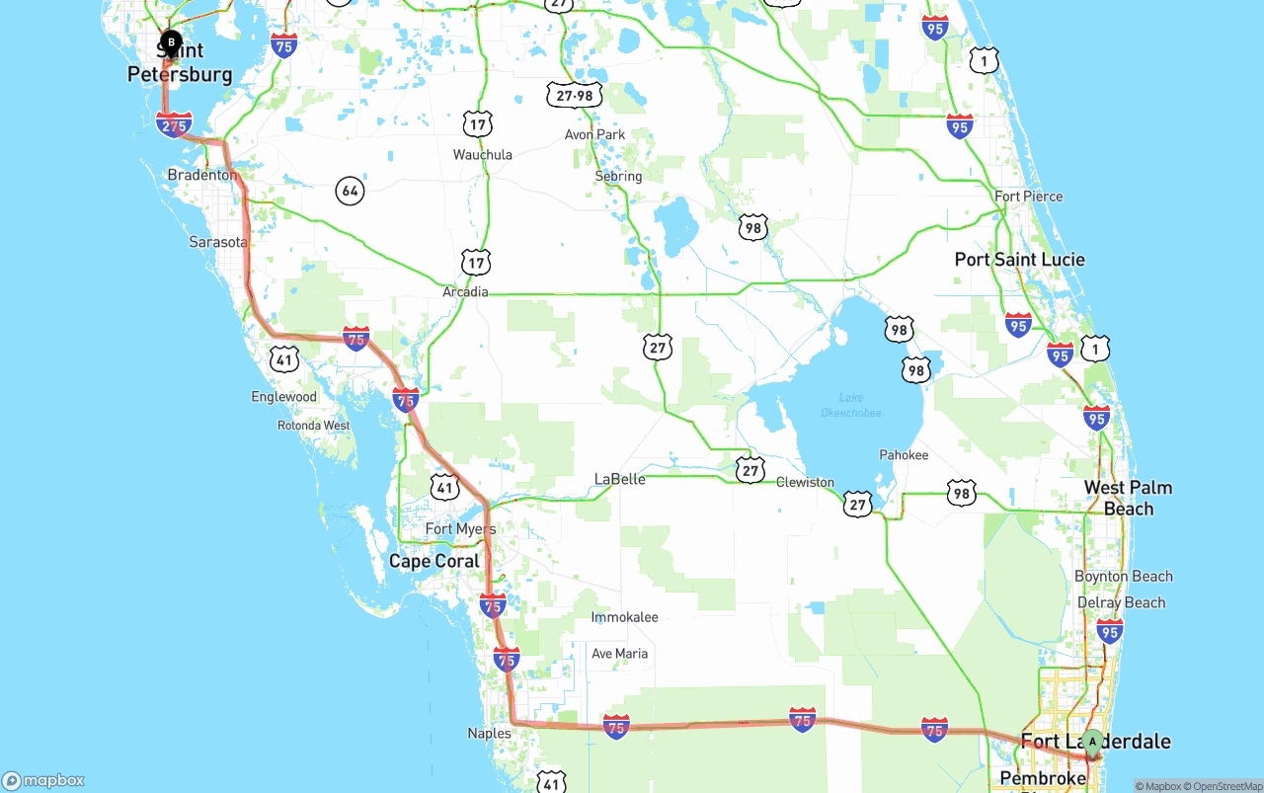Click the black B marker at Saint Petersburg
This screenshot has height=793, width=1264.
tap(171, 42)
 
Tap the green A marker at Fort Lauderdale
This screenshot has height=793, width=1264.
tap(1092, 743)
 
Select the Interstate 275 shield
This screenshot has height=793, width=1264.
tap(174, 125)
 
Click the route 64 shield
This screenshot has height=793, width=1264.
tap(350, 191)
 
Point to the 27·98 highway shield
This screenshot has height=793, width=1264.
tap(574, 95)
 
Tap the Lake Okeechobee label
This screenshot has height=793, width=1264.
tap(850, 405)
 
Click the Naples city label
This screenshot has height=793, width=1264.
tap(489, 733)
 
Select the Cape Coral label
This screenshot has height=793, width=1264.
tap(434, 561)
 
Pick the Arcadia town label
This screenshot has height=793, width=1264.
tap(465, 291)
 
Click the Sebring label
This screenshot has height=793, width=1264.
tap(618, 176)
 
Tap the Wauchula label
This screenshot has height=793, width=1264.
tap(482, 154)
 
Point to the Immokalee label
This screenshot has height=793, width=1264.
tap(624, 617)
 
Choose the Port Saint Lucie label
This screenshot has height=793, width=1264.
tap(1019, 260)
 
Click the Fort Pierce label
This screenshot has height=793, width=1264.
tap(1028, 197)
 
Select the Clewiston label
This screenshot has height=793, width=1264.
tap(805, 482)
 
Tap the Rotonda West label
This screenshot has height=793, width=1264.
tap(313, 426)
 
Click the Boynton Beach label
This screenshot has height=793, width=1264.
tap(1124, 576)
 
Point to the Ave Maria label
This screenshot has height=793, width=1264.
tap(619, 653)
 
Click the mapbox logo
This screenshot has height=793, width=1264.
tap(43, 780)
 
